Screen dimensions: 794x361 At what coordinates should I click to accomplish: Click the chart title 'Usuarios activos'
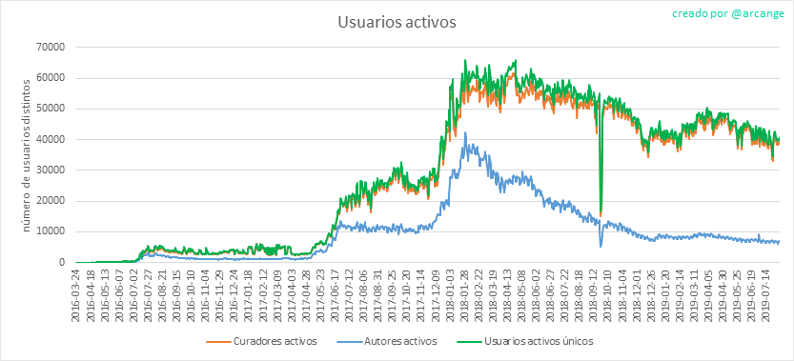pyautogui.click(x=397, y=23)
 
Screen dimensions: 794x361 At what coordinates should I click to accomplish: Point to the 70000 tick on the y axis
pyautogui.click(x=50, y=47)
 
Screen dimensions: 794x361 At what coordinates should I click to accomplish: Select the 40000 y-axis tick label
pyautogui.click(x=50, y=139)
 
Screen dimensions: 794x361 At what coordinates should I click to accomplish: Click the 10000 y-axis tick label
pyautogui.click(x=50, y=231)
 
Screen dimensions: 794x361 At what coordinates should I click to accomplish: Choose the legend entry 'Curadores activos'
pyautogui.click(x=275, y=341)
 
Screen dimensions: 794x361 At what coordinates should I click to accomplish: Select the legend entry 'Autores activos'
pyautogui.click(x=399, y=341)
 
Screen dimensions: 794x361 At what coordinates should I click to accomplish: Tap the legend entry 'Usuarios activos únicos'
pyautogui.click(x=538, y=341)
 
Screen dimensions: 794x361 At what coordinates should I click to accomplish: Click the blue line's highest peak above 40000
pyautogui.click(x=465, y=132)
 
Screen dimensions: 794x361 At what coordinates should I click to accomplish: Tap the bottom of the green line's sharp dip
pyautogui.click(x=601, y=213)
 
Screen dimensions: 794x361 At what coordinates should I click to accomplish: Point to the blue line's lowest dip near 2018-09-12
pyautogui.click(x=601, y=247)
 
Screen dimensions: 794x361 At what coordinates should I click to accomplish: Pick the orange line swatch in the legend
pyautogui.click(x=218, y=342)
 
